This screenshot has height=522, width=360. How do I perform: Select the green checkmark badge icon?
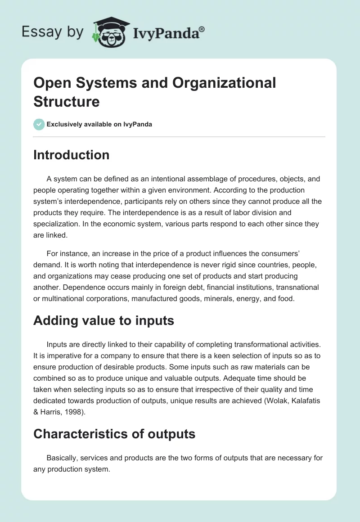pos(39,124)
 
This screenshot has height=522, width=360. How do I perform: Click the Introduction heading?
pos(71,155)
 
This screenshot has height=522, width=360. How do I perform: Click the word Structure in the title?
pos(66,102)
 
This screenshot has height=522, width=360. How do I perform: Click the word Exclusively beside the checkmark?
pos(66,125)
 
